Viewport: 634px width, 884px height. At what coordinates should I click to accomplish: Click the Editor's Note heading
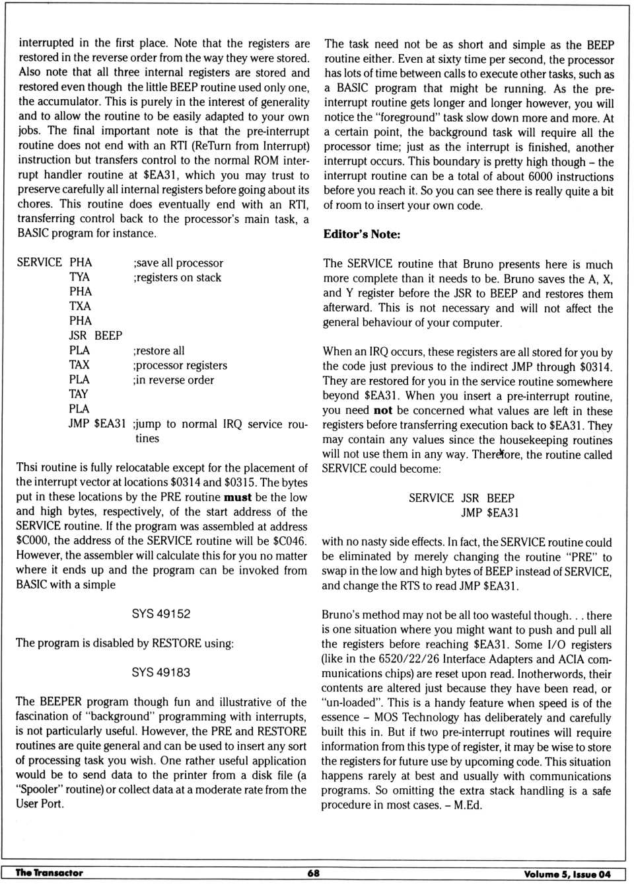coord(361,234)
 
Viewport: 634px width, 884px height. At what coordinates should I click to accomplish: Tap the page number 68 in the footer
coord(314,873)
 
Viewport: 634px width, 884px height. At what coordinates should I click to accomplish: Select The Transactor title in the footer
coord(50,873)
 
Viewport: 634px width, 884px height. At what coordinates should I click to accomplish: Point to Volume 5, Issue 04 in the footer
coord(567,874)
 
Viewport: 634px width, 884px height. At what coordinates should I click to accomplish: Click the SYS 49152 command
coord(160,614)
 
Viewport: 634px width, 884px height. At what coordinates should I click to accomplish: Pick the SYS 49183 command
coord(160,672)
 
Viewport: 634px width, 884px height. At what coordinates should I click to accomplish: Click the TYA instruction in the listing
coord(79,277)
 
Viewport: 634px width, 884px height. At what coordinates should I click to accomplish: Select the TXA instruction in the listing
coord(80,306)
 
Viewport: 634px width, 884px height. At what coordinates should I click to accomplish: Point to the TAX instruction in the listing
coord(79,365)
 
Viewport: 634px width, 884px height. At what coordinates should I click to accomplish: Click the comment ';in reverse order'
coord(174,380)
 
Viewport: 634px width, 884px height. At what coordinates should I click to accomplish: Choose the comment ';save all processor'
coord(178,263)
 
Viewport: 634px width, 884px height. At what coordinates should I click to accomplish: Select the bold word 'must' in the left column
coord(238,497)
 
